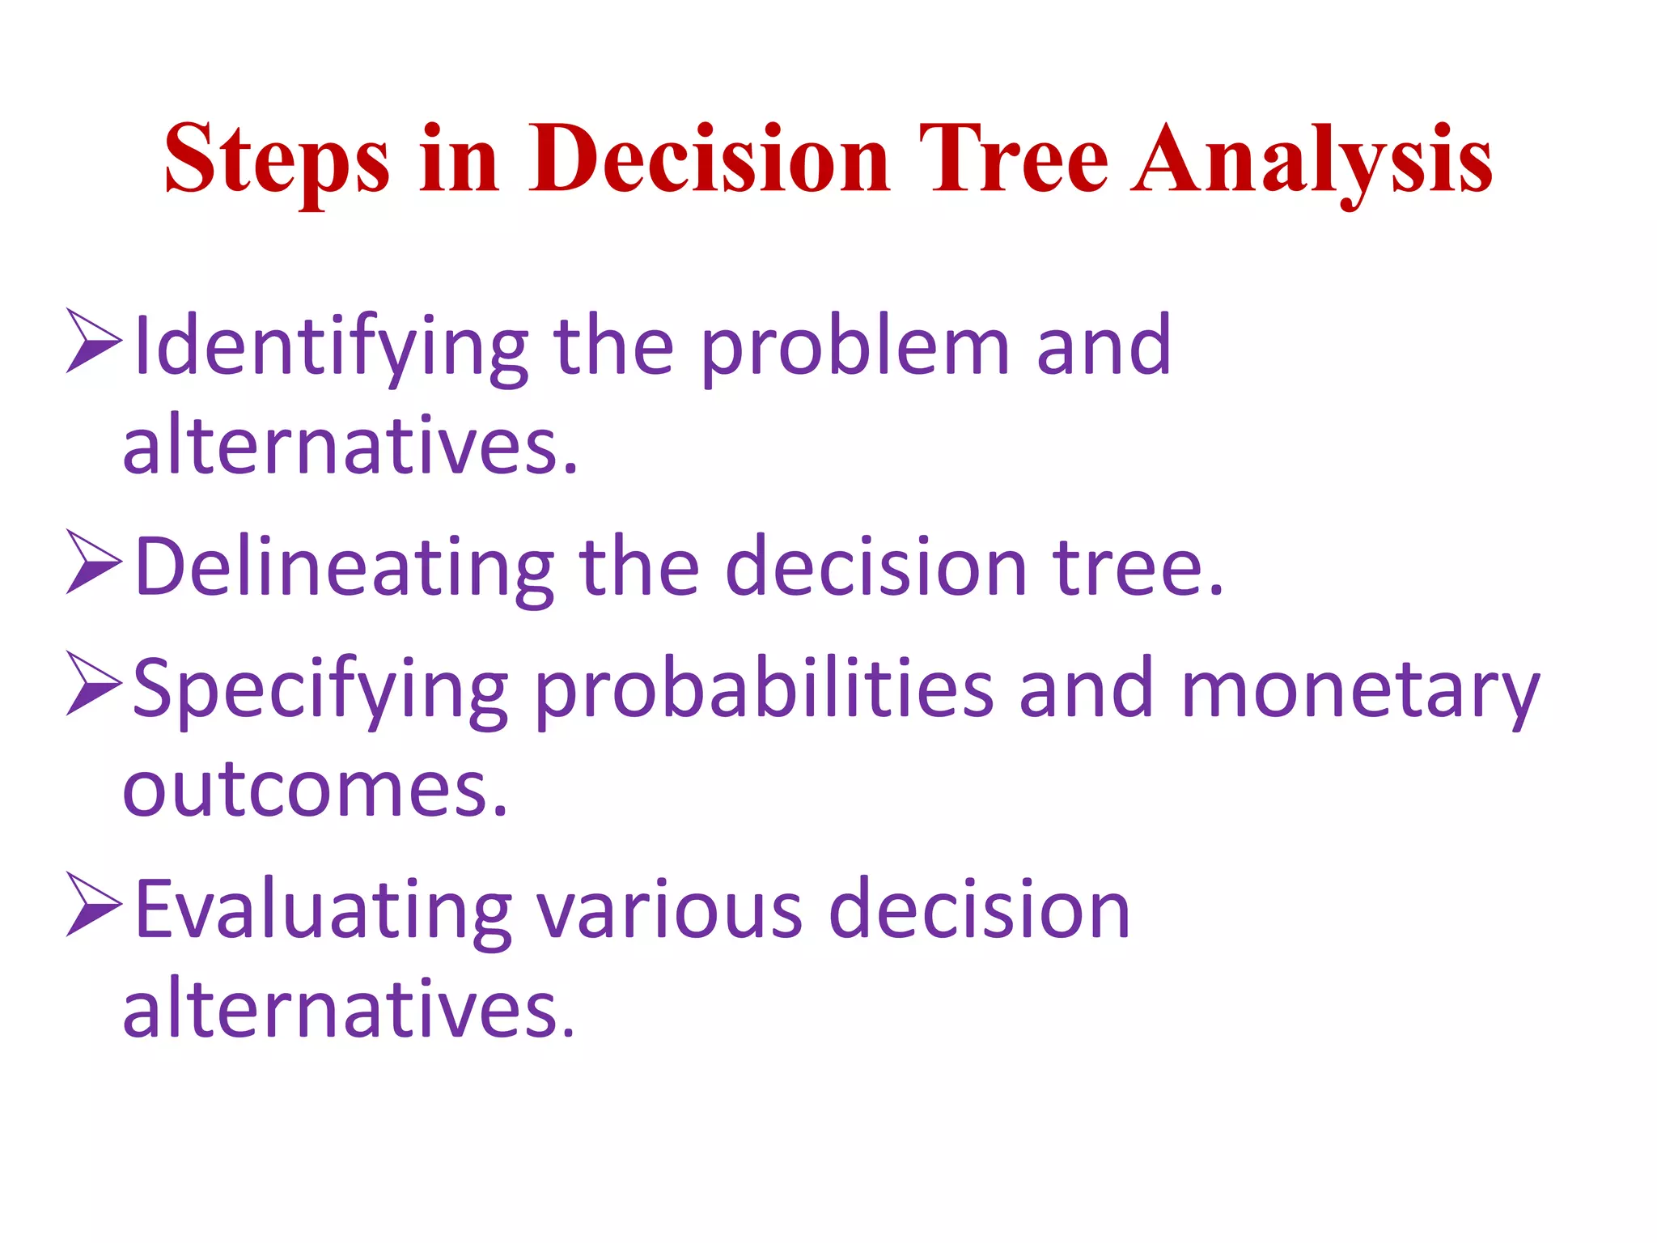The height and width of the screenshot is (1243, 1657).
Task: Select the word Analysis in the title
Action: [1312, 159]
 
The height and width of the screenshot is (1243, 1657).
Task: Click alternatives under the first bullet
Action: [350, 445]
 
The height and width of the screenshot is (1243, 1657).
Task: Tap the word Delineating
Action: [345, 568]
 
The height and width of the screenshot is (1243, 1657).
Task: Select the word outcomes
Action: [314, 789]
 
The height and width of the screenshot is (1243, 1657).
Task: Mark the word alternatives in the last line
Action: [348, 1009]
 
